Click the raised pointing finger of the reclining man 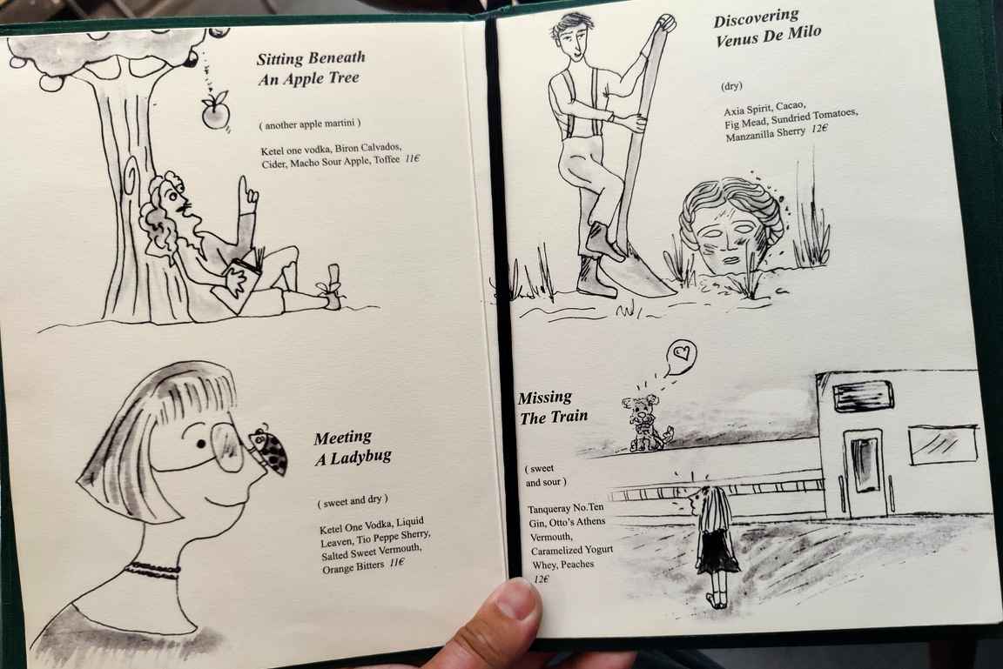click(244, 189)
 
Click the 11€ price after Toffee click(412, 158)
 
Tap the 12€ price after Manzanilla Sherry click(819, 129)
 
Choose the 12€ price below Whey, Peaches click(542, 579)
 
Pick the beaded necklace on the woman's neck click(153, 567)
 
